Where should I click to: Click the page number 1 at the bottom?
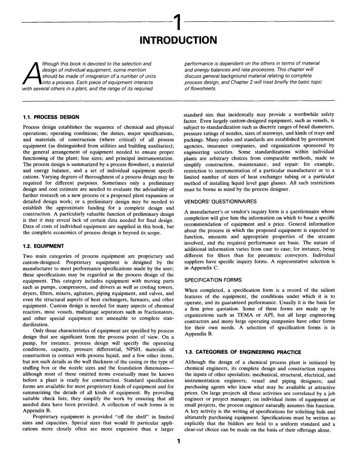click(179, 441)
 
